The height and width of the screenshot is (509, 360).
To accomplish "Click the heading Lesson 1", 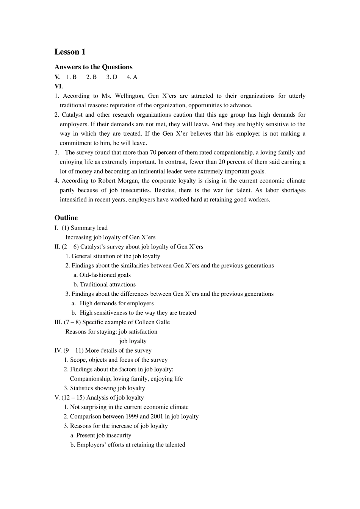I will click(70, 52).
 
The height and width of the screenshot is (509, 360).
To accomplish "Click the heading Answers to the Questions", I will click(93, 67).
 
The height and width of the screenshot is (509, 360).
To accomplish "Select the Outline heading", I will click(66, 218).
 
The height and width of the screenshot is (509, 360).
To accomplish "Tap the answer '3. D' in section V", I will click(112, 77).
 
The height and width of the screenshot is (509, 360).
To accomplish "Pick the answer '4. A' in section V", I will click(132, 77).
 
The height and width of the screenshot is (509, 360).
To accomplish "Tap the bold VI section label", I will click(58, 86).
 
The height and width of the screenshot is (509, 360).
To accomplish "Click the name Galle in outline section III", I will click(163, 322).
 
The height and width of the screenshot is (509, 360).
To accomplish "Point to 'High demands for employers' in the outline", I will click(117, 303).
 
